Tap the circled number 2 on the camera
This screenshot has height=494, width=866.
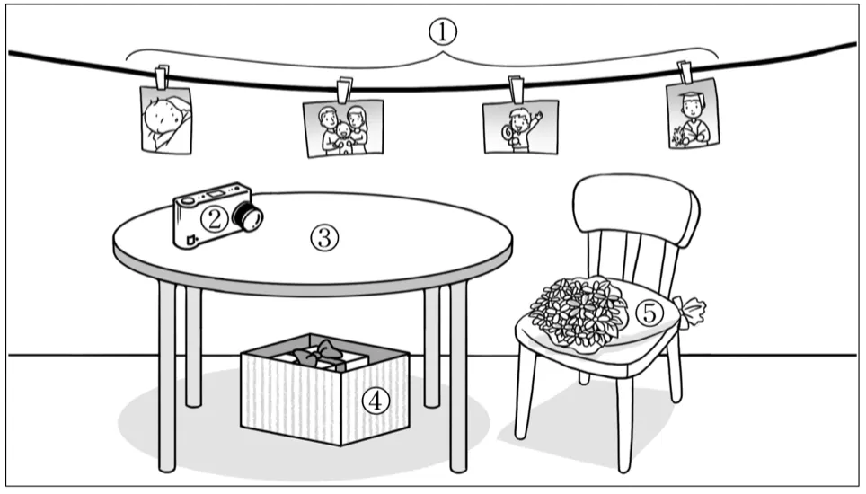click(x=213, y=218)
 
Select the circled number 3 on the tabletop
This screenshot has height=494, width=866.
click(x=323, y=237)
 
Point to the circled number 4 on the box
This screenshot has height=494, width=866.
click(x=376, y=401)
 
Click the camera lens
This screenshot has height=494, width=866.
click(x=248, y=216)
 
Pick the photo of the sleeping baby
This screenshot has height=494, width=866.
click(x=166, y=119)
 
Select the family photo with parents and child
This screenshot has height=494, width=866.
click(x=344, y=128)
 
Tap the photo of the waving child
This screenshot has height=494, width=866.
click(x=519, y=126)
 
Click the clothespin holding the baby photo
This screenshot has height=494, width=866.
click(x=162, y=78)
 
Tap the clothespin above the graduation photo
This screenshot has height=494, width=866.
click(x=685, y=71)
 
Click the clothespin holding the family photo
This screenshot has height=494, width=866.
click(x=344, y=91)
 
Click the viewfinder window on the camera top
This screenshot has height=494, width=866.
click(x=217, y=192)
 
